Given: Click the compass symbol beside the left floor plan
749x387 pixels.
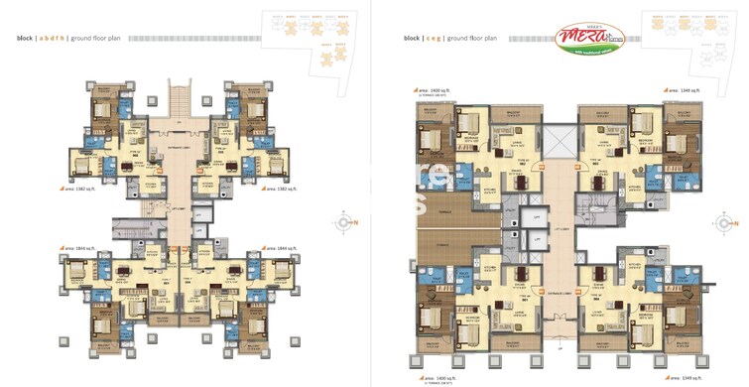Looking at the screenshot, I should pos(345,222).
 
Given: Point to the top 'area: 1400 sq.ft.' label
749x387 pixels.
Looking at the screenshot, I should pos(433,89).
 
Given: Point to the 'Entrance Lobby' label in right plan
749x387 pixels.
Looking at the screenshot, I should pos(559,293).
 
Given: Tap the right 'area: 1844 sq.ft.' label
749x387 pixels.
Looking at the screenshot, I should pos(280,246).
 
